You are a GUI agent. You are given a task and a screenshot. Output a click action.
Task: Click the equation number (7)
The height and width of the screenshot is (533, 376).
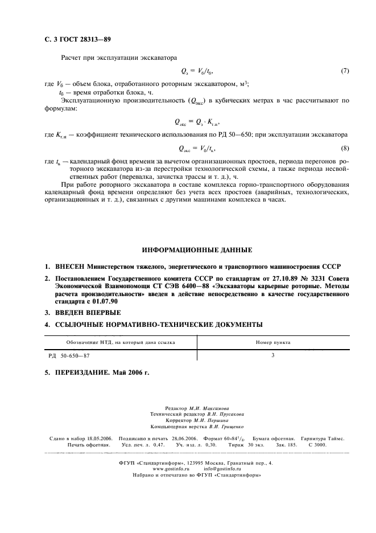point(344,71)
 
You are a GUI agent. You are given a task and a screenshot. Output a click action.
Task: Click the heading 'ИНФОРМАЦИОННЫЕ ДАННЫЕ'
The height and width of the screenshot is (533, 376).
point(197,249)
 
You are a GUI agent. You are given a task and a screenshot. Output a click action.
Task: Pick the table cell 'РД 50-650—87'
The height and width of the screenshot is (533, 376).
point(69,355)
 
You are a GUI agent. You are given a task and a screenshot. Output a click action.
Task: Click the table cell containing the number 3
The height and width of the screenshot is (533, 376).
point(273,355)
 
